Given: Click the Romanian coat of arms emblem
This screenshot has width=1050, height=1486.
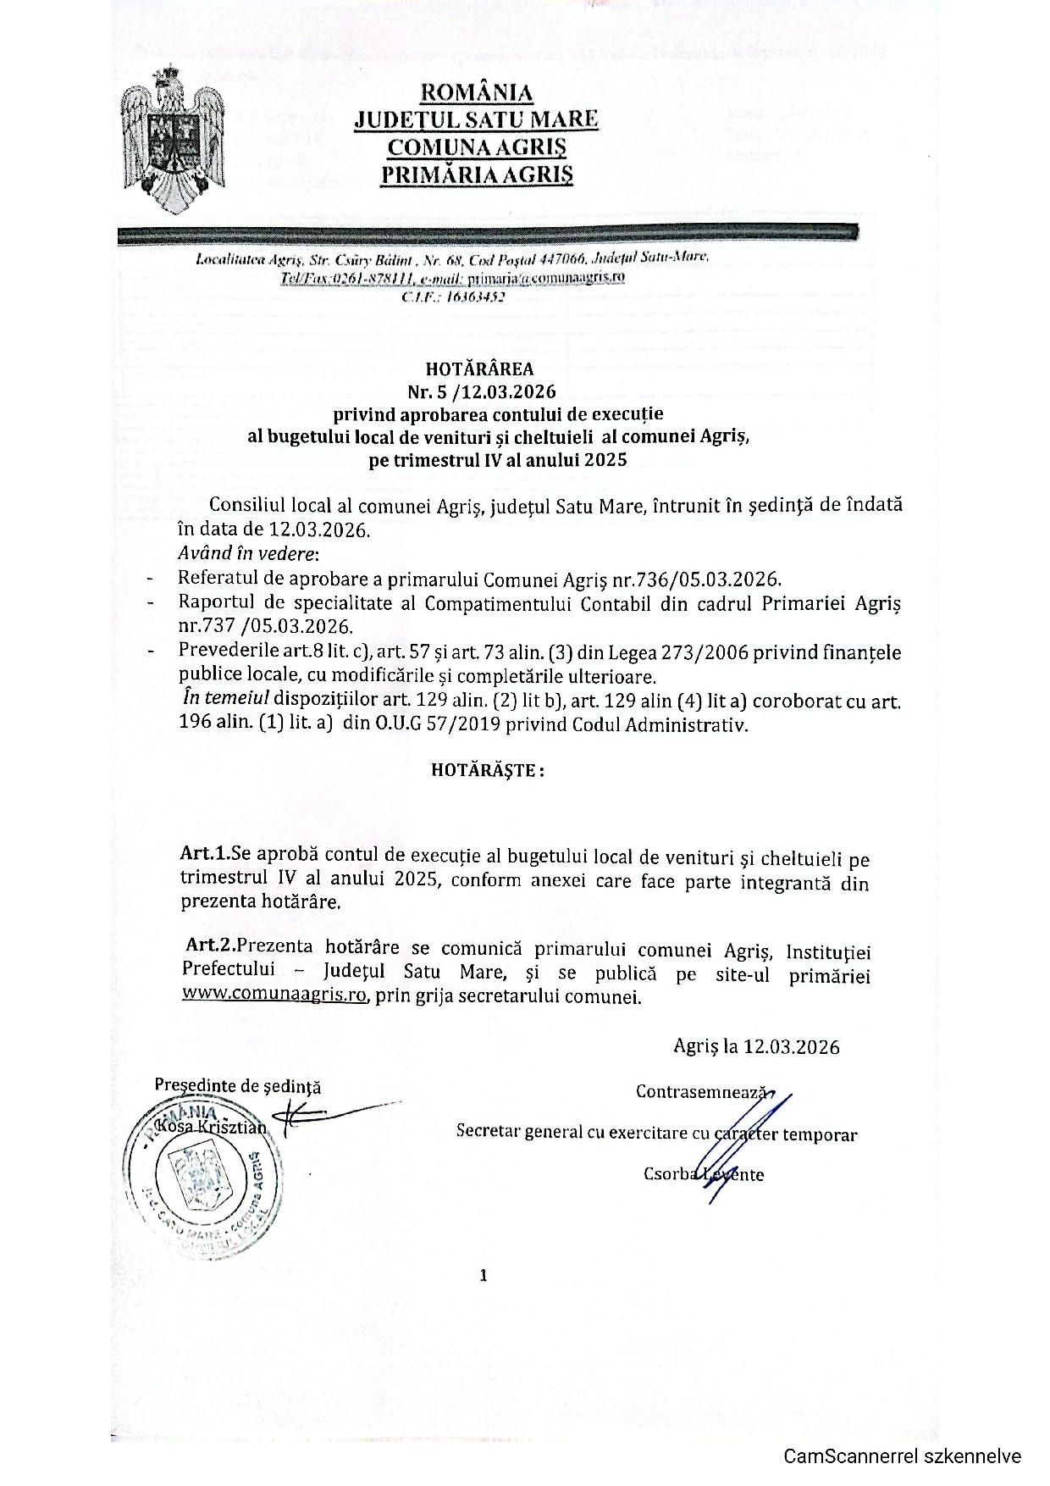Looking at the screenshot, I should (x=173, y=136).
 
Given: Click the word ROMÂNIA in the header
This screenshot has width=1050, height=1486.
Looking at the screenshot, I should (x=476, y=91).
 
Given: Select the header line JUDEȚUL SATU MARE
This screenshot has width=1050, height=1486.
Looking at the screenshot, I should (x=476, y=119).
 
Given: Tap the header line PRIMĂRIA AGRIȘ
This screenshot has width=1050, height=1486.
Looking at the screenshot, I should (x=476, y=174).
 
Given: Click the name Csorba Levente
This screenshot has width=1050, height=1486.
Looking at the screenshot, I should (x=703, y=1174).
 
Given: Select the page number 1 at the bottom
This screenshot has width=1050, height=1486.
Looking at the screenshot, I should (x=484, y=1275).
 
